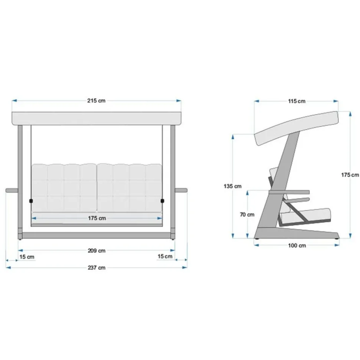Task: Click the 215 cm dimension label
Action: [96, 101]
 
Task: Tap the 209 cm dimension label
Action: [96, 251]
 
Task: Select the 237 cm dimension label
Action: [96, 268]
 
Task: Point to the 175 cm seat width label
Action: [97, 218]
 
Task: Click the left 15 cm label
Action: [27, 257]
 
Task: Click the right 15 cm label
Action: [165, 256]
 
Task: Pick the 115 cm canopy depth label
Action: [297, 101]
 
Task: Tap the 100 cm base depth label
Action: [297, 245]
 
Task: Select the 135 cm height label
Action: [233, 186]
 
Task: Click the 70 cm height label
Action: [247, 215]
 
